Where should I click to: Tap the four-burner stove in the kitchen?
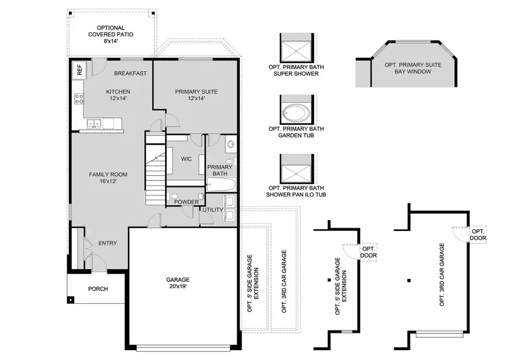tap(78, 99)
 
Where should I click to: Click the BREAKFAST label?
tap(130, 74)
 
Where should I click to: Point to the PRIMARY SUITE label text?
tap(193, 91)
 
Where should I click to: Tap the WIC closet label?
tap(186, 158)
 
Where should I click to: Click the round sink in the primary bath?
tap(230, 145)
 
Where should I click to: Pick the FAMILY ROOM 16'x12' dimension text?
tap(108, 181)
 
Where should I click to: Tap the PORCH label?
tap(98, 289)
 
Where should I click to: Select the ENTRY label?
tap(108, 243)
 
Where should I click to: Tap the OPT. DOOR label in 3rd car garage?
tap(478, 234)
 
